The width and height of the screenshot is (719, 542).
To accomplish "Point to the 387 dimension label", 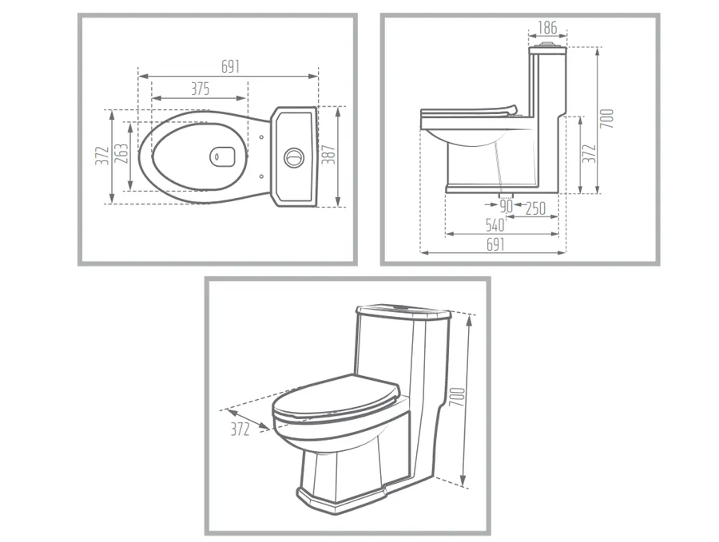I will [328, 156].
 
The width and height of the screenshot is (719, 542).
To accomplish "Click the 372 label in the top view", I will [101, 156].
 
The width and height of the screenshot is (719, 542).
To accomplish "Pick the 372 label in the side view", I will [589, 154].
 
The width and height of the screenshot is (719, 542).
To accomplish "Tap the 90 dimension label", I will [506, 208].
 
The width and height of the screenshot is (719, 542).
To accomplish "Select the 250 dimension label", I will [535, 208].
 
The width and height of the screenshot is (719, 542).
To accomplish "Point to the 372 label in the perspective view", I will [239, 429].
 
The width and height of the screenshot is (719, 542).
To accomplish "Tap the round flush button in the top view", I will [293, 155].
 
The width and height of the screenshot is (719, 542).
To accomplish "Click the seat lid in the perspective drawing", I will [336, 397].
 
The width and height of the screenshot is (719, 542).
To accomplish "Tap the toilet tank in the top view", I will [296, 156].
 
